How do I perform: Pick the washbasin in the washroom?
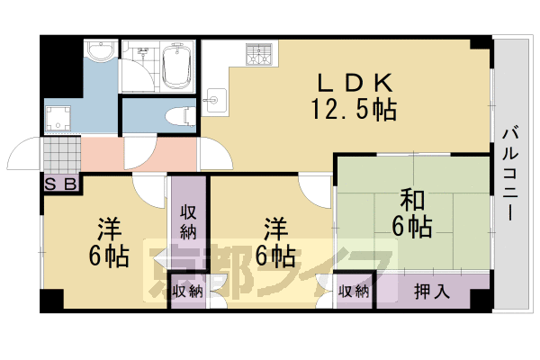pyautogui.click(x=102, y=51)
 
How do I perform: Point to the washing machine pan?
pyautogui.click(x=60, y=117)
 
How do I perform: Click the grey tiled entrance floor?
pyautogui.click(x=62, y=156)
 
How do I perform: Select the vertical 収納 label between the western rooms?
pyautogui.click(x=188, y=221)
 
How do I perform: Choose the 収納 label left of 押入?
pyautogui.click(x=354, y=291)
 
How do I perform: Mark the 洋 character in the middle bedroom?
pyautogui.click(x=275, y=227)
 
